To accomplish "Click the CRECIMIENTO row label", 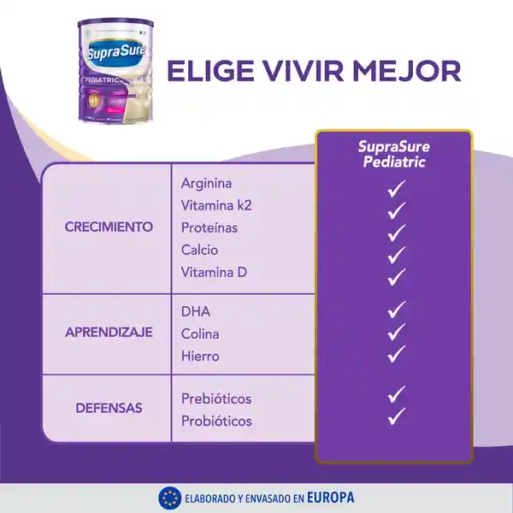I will pos(109,227).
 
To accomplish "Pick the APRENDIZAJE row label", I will pos(109,333).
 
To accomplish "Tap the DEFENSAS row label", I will pos(109,409).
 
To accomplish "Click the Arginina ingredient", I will pos(206,183).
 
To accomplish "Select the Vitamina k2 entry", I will pos(216,205).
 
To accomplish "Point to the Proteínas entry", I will pos(209,227).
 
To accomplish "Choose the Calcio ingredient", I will pos(199,250).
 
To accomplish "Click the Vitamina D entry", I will pos(213,272).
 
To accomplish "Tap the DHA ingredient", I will pos(196,311).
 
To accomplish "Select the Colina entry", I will pos(200,333).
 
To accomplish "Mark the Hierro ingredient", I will pos(200,356).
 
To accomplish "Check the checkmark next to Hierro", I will pos(395,353).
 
